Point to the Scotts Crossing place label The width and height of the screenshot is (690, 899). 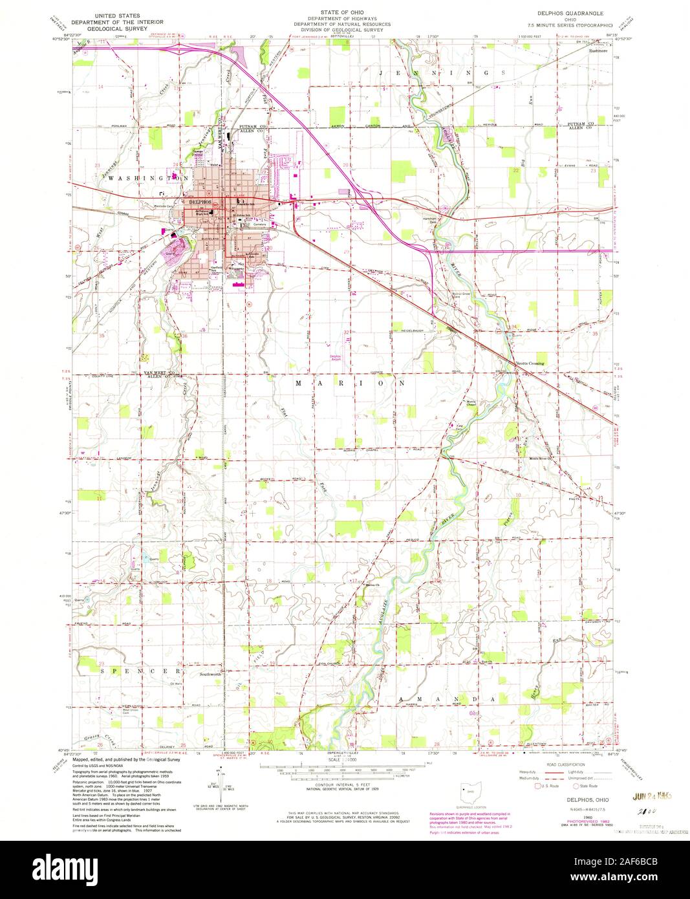coord(530,363)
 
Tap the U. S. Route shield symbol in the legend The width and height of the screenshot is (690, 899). coord(535,786)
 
